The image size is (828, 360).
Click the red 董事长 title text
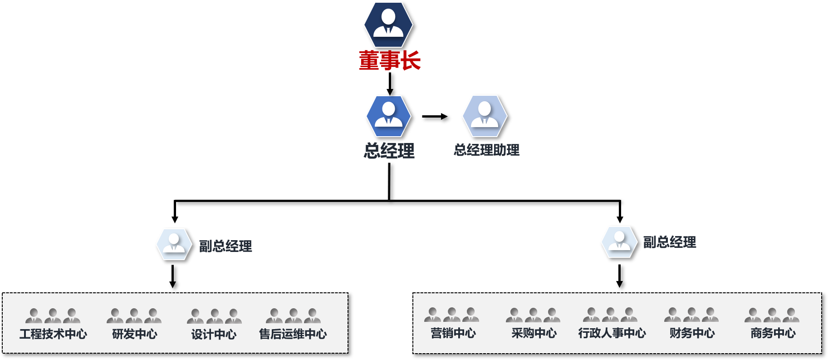390,60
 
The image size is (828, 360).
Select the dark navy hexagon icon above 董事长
388,25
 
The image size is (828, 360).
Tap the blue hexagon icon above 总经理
388,116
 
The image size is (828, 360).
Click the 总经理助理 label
486,150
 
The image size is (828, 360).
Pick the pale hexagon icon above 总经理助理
485,116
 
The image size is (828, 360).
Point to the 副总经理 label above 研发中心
225,246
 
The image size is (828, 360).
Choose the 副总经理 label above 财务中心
670,242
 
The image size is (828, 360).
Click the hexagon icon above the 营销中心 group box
619,242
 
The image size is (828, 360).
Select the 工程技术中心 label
53,334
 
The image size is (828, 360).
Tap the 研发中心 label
134,334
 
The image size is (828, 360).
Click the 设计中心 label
214,335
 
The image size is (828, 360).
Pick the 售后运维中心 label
293,334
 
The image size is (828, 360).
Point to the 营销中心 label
453,333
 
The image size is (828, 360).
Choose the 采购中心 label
534,333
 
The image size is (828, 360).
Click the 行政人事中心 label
612,333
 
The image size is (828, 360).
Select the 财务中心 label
692,333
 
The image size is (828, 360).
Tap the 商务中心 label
773,333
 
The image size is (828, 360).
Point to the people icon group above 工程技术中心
53,316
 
